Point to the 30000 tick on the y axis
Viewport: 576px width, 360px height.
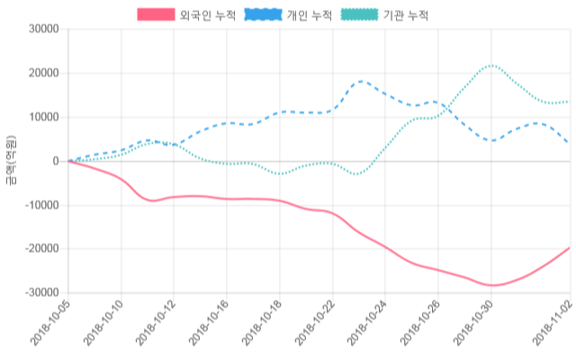(43, 29)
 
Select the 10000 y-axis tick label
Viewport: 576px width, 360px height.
(43, 117)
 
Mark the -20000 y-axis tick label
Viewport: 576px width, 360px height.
(41, 249)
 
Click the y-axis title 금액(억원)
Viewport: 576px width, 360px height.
(10, 160)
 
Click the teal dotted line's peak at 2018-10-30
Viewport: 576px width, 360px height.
(491, 65)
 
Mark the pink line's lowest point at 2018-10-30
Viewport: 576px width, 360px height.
(491, 285)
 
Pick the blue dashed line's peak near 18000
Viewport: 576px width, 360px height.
(361, 81)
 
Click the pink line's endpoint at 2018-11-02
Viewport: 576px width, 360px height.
(570, 247)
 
